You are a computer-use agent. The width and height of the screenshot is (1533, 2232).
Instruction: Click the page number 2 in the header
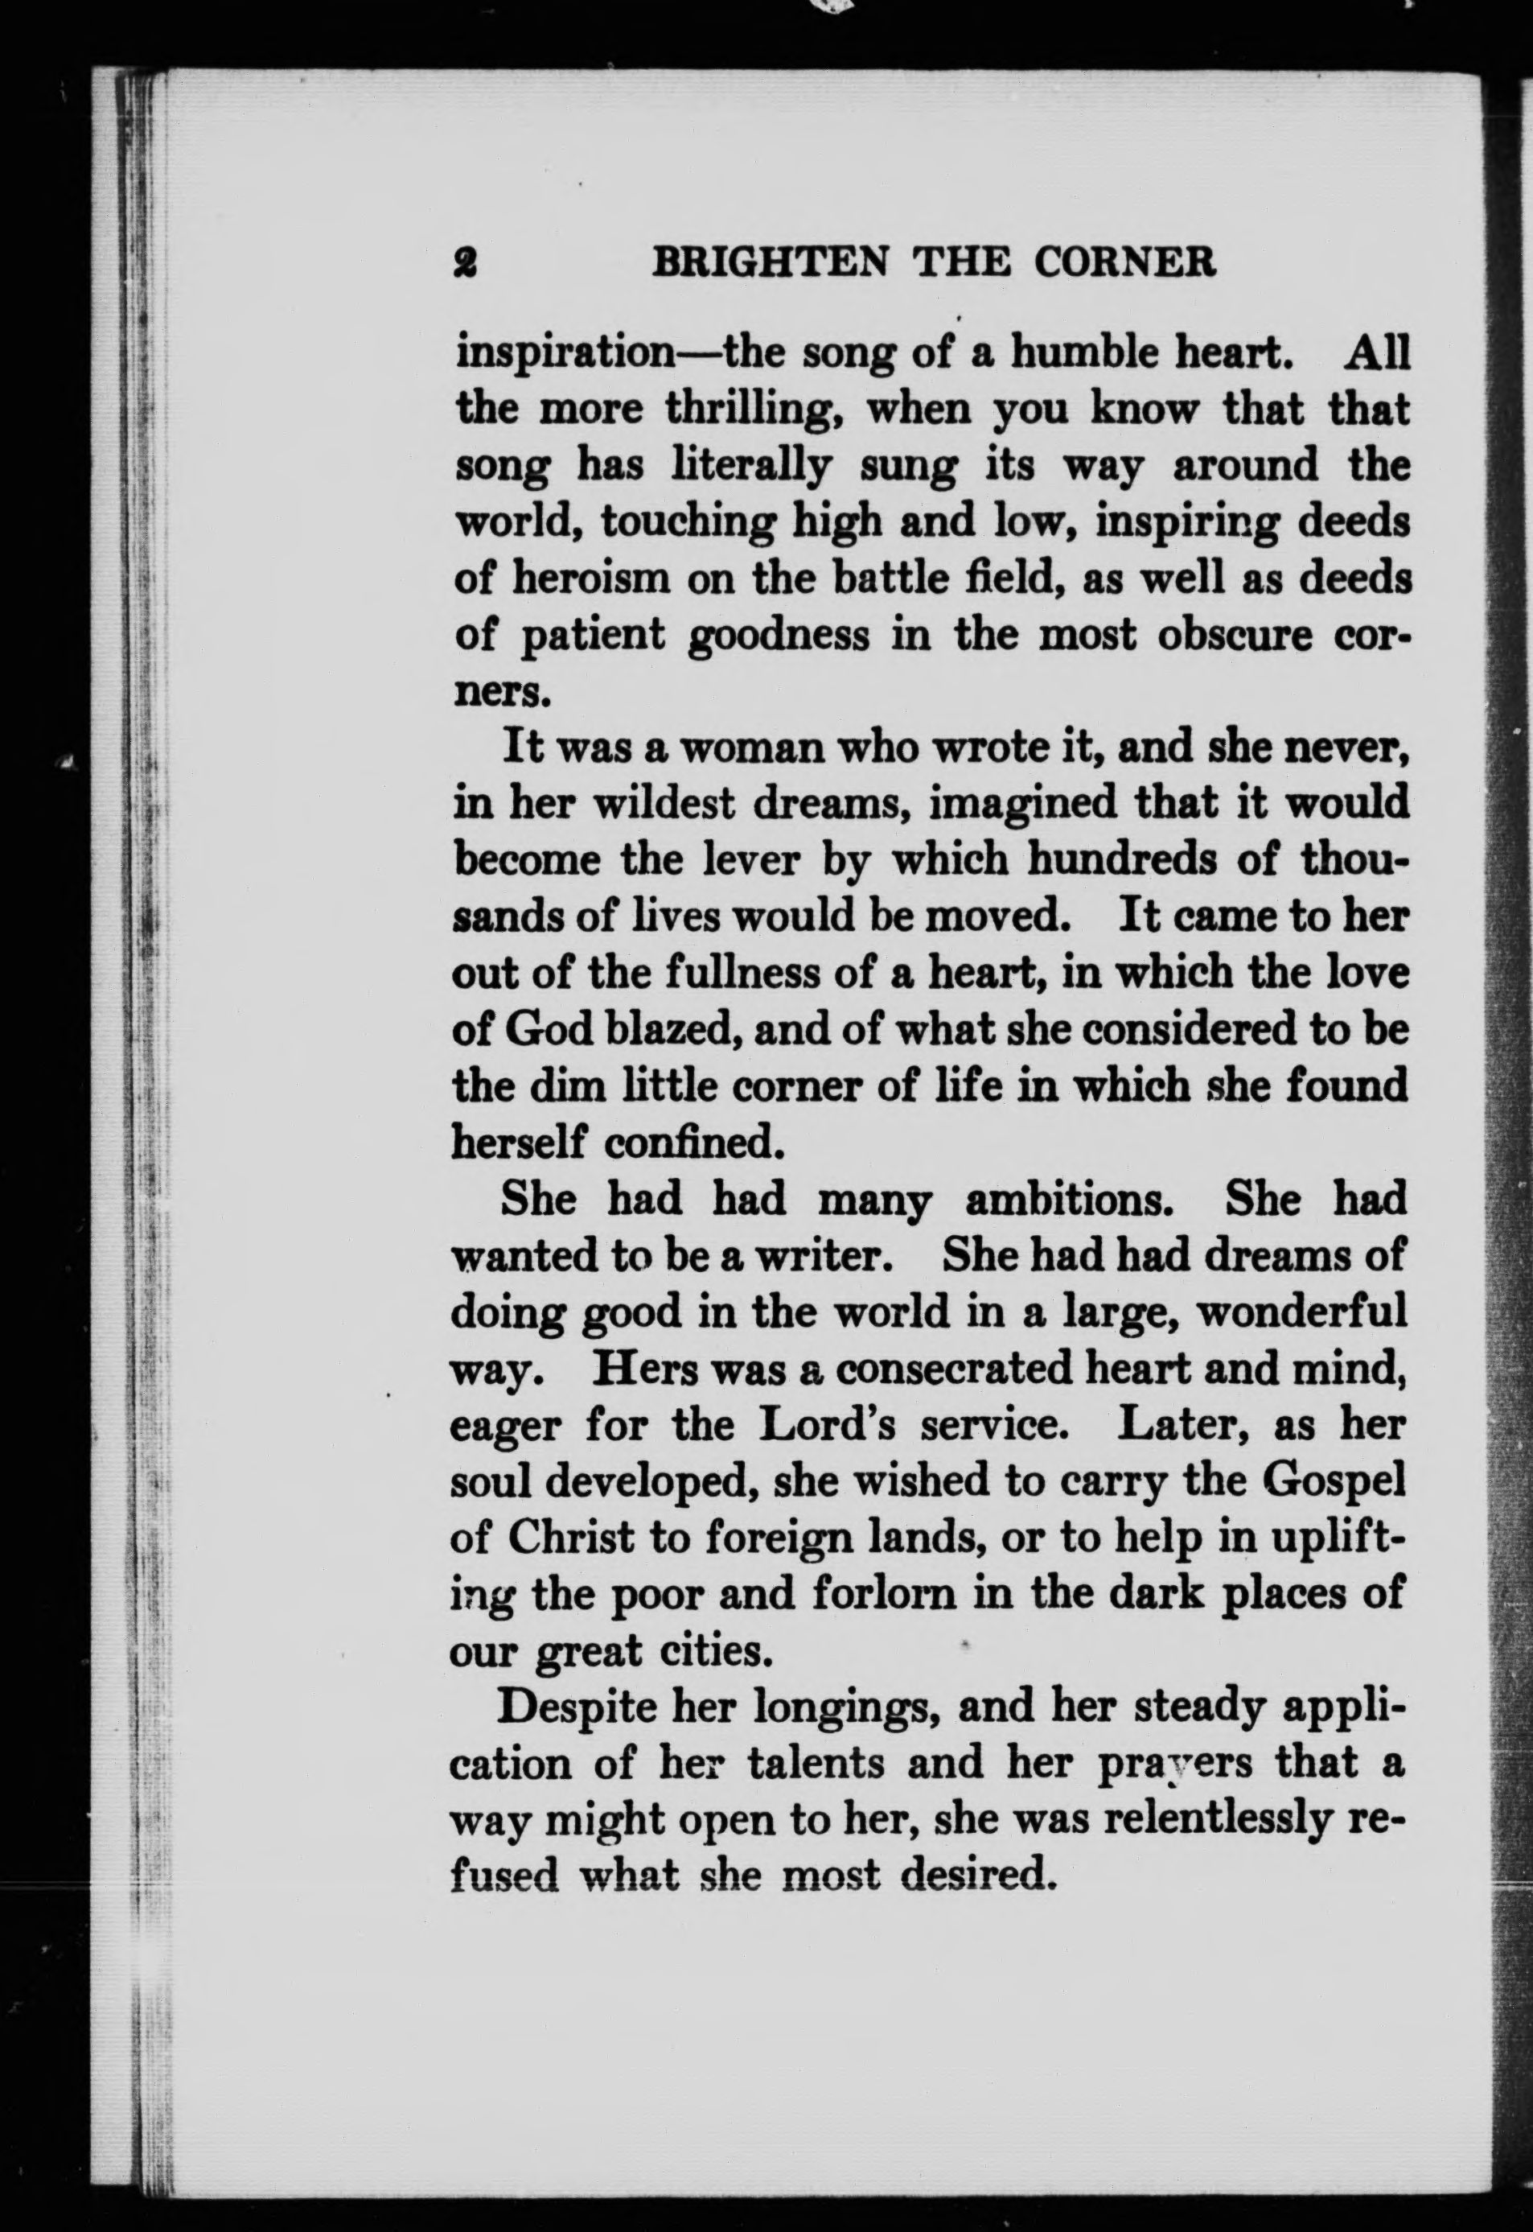(468, 262)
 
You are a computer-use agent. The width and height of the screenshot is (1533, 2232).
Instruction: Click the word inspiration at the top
(564, 355)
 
